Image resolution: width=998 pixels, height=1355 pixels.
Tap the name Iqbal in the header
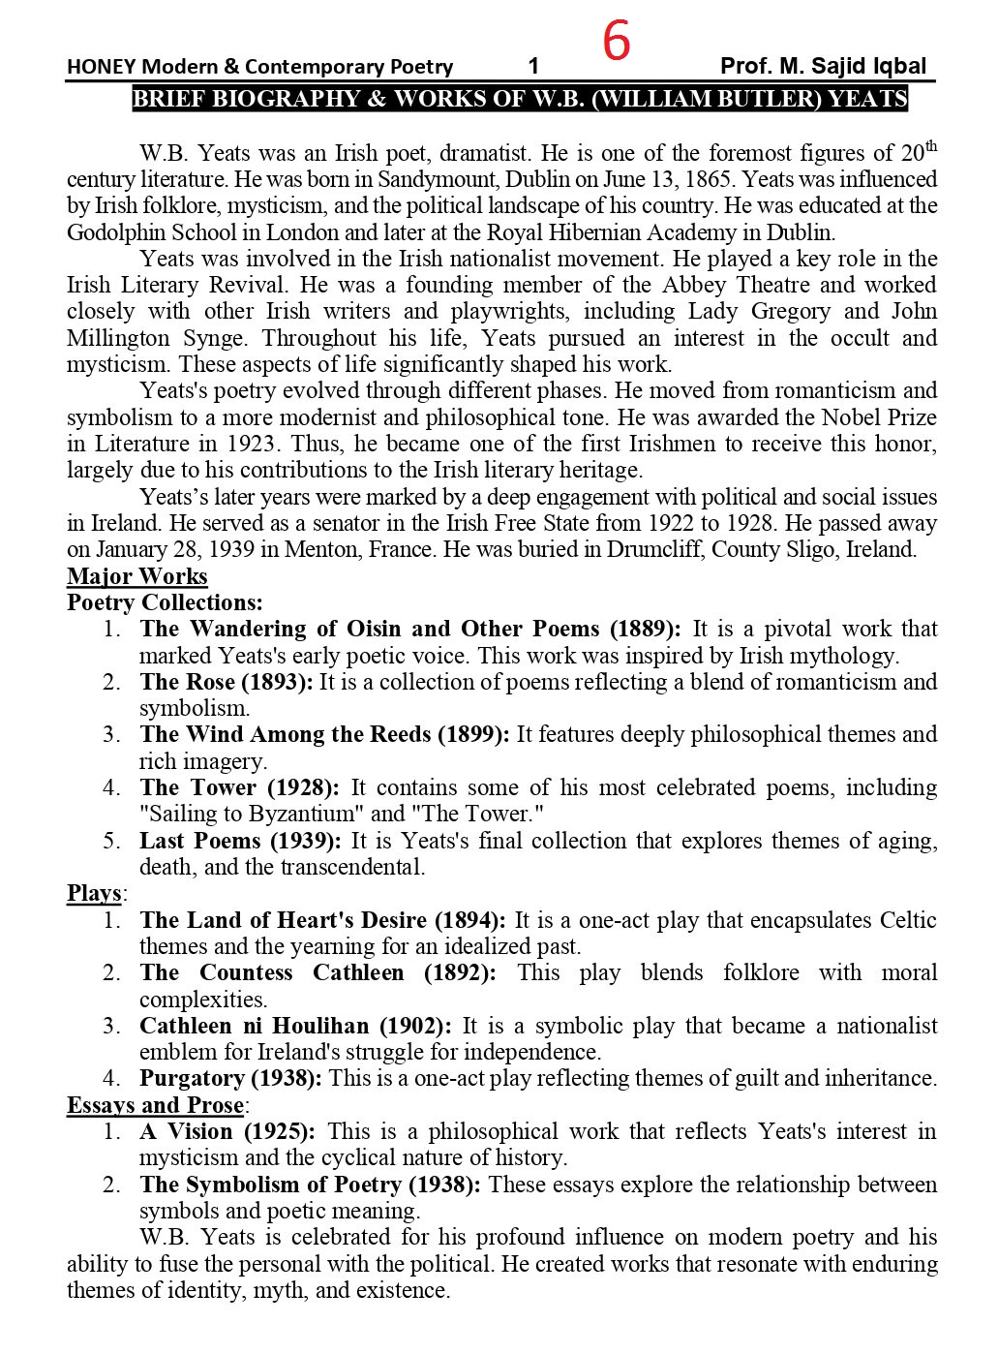898,66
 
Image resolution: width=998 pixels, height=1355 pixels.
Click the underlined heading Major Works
137,576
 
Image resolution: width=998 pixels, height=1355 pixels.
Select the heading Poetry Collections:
165,602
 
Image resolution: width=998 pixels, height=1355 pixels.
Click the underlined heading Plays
94,893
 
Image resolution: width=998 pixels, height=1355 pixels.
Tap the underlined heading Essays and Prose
156,1105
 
